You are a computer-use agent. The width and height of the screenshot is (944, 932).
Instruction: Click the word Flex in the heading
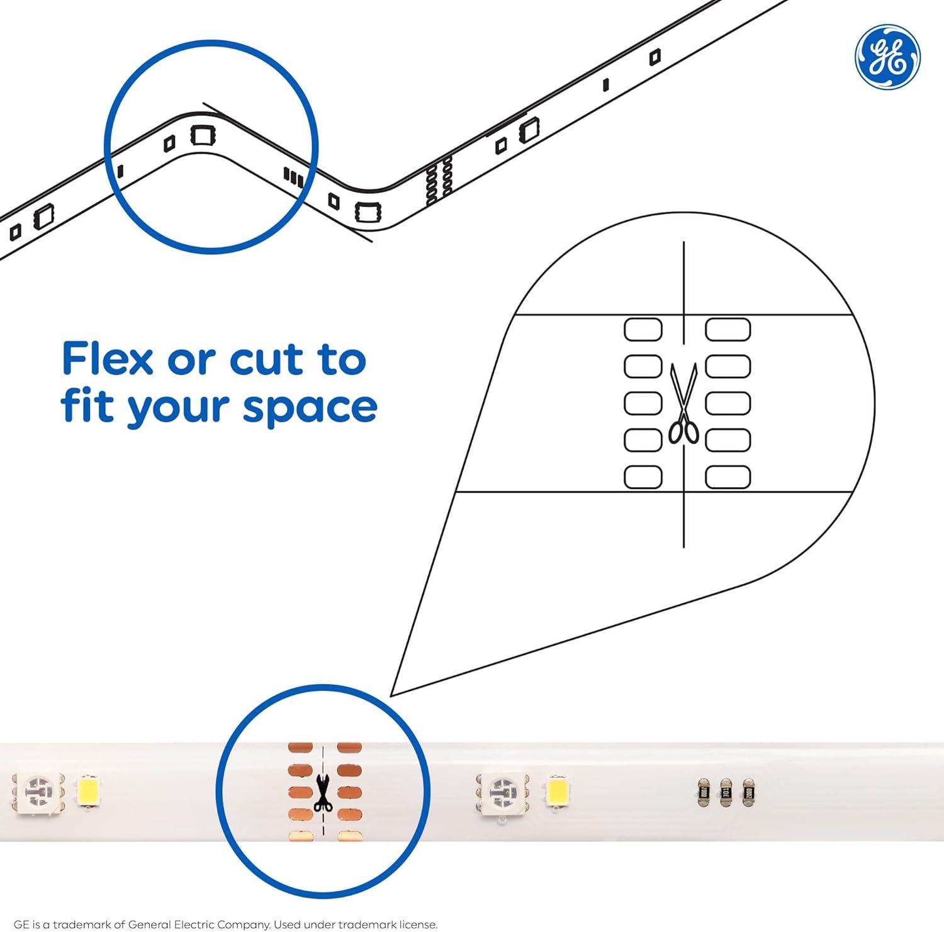pos(108,359)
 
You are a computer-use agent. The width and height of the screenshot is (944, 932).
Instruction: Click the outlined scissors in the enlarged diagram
pos(683,403)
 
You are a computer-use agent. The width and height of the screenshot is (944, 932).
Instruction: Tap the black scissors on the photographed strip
pos(322,794)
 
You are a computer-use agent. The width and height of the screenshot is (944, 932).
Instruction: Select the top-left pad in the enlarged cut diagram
pos(643,329)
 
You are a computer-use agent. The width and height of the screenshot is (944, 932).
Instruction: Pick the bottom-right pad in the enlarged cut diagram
pos(728,477)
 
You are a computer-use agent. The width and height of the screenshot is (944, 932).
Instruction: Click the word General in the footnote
pos(151,924)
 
